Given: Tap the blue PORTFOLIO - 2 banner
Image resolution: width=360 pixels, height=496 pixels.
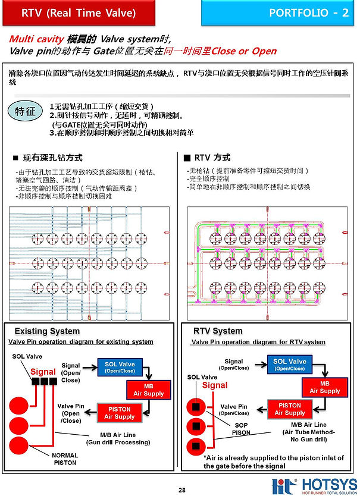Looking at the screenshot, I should point(280,12).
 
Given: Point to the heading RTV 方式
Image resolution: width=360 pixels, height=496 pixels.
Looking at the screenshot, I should point(206,158).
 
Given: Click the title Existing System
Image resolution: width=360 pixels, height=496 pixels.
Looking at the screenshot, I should point(47,331).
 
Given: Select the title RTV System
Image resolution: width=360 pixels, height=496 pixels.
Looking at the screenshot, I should point(218,331).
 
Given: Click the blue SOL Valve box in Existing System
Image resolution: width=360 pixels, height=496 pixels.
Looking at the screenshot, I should point(120,366).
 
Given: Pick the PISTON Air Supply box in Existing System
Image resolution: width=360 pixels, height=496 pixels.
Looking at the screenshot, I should point(120,413).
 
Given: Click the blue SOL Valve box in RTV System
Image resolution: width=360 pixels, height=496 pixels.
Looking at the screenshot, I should point(290,364).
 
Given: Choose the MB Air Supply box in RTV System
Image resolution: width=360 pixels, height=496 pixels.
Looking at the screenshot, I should point(324,387).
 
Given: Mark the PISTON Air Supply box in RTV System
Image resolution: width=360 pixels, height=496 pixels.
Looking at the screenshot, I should point(290,409).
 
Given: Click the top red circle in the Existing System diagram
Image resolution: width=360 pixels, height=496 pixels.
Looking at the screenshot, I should point(23,406).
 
